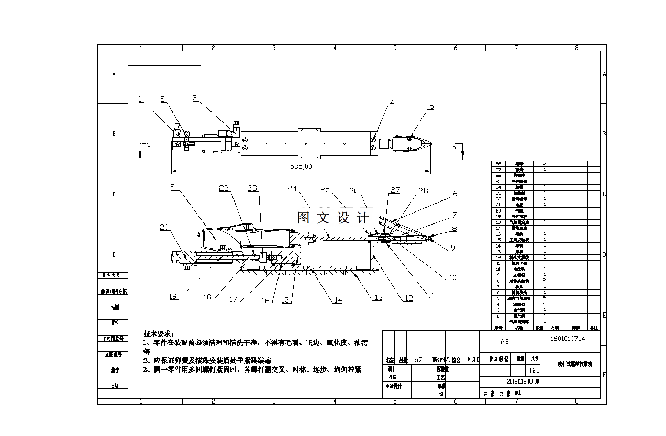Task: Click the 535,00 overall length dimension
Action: point(301,166)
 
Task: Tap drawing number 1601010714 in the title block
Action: point(568,339)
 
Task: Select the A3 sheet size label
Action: point(504,341)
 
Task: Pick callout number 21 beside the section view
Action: point(174,187)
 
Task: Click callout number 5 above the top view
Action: point(431,106)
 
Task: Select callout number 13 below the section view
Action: point(378,297)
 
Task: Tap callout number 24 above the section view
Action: point(292,188)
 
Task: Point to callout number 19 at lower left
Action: point(173,296)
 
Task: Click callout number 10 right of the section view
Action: point(452,277)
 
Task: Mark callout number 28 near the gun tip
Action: point(423,192)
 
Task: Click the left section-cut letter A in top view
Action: point(149,148)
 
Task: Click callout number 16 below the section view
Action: point(265,300)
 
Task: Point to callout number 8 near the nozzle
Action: point(453,228)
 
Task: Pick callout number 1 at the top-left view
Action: point(140,99)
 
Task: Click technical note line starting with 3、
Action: point(252,369)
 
